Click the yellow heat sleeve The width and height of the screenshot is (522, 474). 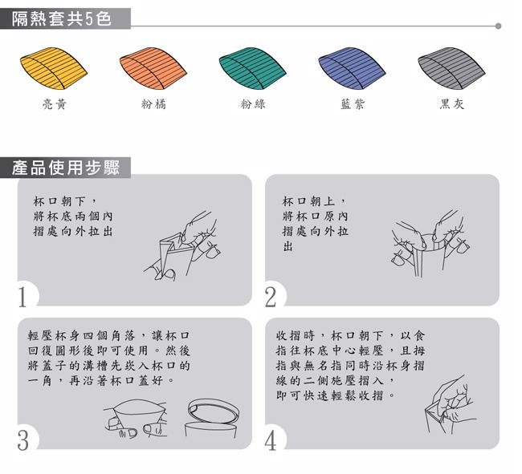54,68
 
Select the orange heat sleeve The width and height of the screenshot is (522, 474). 153,68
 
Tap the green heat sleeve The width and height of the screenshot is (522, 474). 253,68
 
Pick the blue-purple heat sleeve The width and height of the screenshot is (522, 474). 352,68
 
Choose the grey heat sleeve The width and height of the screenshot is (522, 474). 451,68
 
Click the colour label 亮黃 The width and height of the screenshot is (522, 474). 55,104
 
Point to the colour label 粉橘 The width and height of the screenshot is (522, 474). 153,104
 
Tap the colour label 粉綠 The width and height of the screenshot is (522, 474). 253,104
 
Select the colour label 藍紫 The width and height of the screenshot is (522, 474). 353,104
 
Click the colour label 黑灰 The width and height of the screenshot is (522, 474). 452,104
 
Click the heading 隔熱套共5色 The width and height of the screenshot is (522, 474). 62,18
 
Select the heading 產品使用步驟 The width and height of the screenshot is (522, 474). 66,167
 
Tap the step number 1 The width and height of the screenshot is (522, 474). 22,297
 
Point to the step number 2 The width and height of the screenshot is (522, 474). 271,297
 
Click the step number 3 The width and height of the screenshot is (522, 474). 23,440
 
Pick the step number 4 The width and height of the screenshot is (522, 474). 271,440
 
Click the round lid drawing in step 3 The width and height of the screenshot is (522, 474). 213,411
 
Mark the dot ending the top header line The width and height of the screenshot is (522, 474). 498,26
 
